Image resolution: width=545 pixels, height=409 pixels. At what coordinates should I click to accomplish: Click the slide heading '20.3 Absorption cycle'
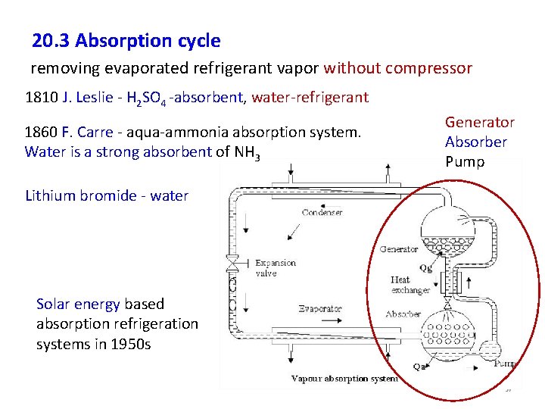pyautogui.click(x=126, y=41)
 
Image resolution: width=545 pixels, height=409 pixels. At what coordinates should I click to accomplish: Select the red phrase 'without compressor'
pyautogui.click(x=397, y=69)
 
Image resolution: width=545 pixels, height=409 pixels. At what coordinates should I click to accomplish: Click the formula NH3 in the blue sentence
pyautogui.click(x=248, y=152)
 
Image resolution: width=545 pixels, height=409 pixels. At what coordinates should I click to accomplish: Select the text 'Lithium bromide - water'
pyautogui.click(x=107, y=196)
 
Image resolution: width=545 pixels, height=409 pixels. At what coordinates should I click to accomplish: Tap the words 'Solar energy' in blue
pyautogui.click(x=78, y=304)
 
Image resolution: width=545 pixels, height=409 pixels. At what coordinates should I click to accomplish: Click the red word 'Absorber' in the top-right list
pyautogui.click(x=475, y=142)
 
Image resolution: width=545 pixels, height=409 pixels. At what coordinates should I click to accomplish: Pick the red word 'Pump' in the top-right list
pyautogui.click(x=464, y=162)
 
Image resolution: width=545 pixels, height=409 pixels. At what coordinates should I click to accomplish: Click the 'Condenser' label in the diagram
pyautogui.click(x=322, y=212)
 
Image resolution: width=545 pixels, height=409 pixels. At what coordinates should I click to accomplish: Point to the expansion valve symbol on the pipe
pyautogui.click(x=233, y=266)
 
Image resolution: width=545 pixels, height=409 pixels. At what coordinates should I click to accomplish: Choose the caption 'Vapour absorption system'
pyautogui.click(x=344, y=379)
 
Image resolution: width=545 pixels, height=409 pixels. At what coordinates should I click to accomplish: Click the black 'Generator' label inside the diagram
pyautogui.click(x=398, y=249)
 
